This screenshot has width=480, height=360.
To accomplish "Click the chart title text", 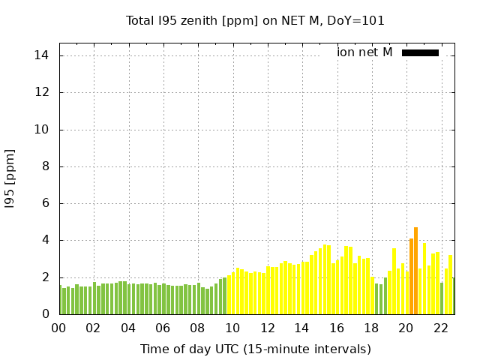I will click(x=255, y=21).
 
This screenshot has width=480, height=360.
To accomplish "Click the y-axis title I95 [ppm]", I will click(x=10, y=179).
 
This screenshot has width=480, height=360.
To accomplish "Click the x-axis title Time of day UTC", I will click(x=255, y=349).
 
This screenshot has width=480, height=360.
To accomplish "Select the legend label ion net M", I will click(x=364, y=52).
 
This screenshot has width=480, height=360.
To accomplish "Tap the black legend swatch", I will click(x=420, y=52).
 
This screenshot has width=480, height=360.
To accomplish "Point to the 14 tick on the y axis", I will click(x=42, y=55).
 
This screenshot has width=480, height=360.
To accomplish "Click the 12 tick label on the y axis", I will click(x=42, y=92).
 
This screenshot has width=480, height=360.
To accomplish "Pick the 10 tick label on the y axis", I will click(x=42, y=129).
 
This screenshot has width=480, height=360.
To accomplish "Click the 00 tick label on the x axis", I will click(x=58, y=328).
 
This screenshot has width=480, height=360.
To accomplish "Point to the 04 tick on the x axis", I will click(x=128, y=328).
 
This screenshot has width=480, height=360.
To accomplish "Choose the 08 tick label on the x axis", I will click(x=197, y=328).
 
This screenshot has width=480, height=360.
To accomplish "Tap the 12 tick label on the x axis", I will click(x=267, y=328).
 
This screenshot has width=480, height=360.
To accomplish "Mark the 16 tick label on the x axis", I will click(x=336, y=328).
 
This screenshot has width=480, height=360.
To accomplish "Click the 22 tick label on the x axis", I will click(x=440, y=328).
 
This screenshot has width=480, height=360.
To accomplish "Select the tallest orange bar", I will click(x=415, y=271).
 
